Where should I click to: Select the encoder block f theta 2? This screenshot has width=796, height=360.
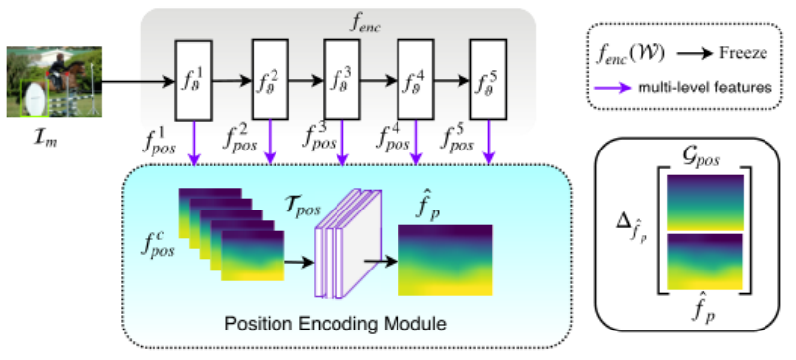tap(269, 82)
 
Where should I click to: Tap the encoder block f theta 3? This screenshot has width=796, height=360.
tap(341, 82)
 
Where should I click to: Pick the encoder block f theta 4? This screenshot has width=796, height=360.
tap(415, 82)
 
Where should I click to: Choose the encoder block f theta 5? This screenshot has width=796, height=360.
tap(489, 82)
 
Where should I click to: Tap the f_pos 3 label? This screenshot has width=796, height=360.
tap(314, 141)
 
